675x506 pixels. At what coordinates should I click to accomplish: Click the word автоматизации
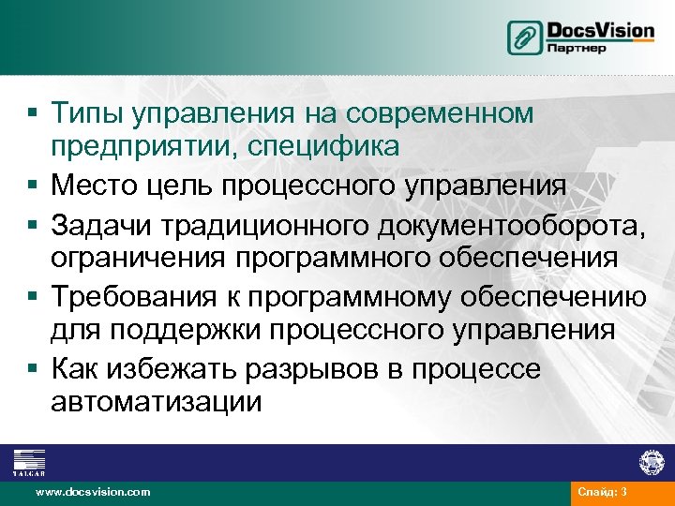click(157, 403)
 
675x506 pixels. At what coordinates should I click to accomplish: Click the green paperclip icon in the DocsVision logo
click(525, 37)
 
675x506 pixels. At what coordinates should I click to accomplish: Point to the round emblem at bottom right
click(652, 462)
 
